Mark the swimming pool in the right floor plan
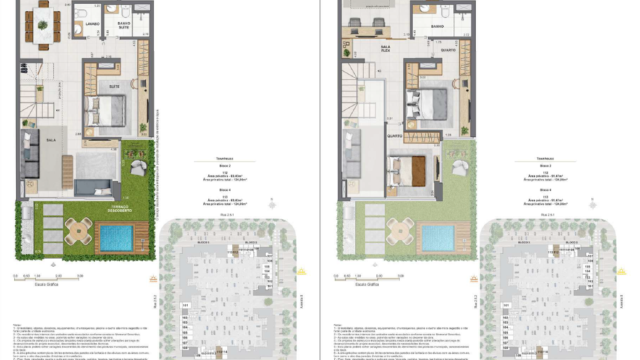(x=436, y=238)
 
